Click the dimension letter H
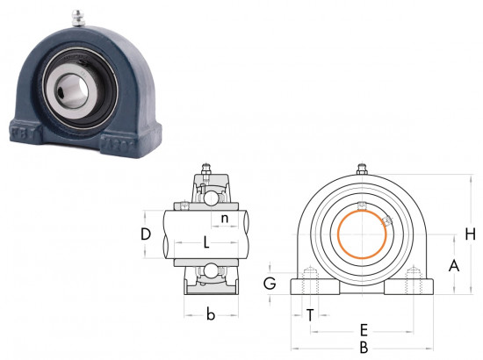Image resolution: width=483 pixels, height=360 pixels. click(x=471, y=234)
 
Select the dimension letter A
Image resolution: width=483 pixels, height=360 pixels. click(x=454, y=266)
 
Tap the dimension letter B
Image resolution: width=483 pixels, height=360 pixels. click(x=364, y=348)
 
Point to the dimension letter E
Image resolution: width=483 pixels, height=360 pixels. click(x=364, y=330)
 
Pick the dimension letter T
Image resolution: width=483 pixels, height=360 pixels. click(x=310, y=315)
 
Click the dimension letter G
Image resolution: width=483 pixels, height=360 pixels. click(x=270, y=284)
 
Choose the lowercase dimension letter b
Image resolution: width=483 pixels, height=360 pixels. click(x=211, y=314)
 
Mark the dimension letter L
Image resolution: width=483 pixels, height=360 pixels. click(x=206, y=242)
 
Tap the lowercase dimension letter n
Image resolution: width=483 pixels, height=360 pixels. click(x=225, y=218)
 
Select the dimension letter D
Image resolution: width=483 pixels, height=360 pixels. click(x=146, y=234)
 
